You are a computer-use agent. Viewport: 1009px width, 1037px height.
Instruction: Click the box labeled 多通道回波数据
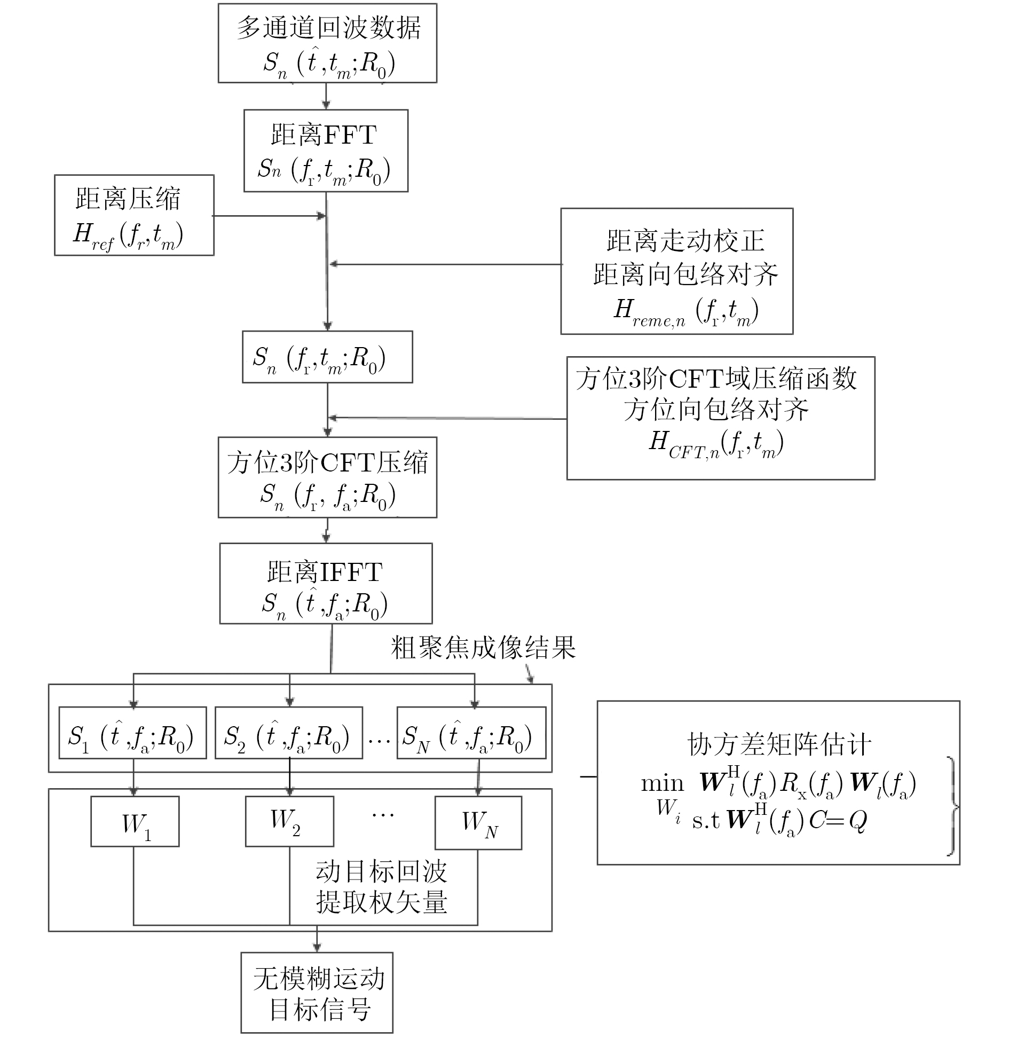click(x=327, y=43)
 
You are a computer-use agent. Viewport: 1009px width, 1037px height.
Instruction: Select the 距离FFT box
click(x=326, y=151)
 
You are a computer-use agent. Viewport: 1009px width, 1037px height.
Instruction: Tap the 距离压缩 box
click(x=134, y=215)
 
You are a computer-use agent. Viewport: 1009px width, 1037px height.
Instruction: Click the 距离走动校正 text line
click(x=685, y=241)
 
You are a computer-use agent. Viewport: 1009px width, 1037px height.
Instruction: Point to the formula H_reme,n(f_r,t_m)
click(x=686, y=311)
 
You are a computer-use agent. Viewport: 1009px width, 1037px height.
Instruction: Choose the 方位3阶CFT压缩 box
click(x=327, y=477)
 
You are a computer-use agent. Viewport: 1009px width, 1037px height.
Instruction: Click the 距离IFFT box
click(x=326, y=583)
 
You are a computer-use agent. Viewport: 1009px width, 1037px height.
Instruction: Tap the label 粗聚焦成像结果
click(x=483, y=648)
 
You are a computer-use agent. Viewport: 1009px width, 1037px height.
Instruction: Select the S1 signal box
click(x=132, y=733)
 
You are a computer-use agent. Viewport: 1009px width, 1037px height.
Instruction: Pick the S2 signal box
click(x=288, y=733)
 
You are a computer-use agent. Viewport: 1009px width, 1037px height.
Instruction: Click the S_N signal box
click(x=471, y=733)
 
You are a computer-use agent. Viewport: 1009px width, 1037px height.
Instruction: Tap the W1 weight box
click(x=135, y=822)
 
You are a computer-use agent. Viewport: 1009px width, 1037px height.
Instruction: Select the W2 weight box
click(x=289, y=821)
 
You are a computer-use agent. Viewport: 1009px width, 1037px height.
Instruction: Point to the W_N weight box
click(x=478, y=823)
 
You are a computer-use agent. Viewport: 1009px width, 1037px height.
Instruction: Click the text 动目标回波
click(x=381, y=872)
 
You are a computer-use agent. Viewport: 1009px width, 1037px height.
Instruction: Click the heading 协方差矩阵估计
click(x=779, y=744)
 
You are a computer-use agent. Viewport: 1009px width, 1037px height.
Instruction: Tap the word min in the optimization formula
click(x=662, y=783)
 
